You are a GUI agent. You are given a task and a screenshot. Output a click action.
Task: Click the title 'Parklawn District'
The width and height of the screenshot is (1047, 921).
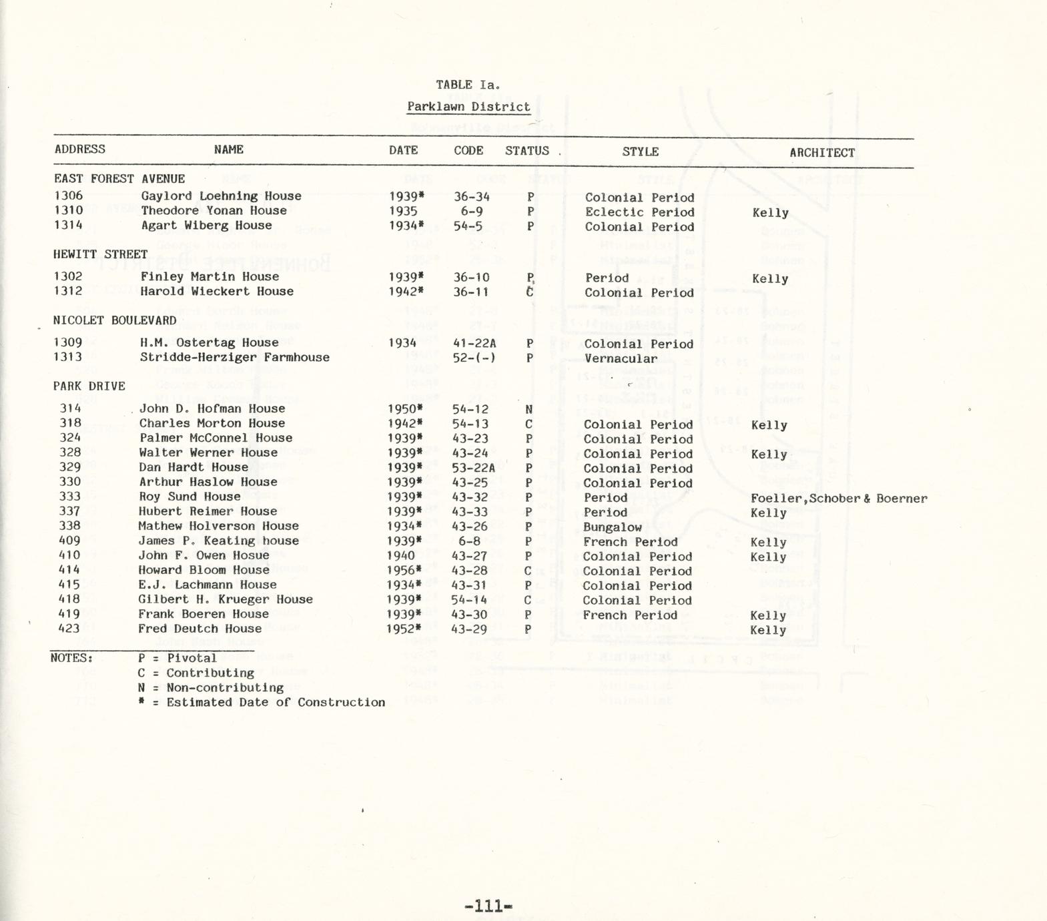pos(468,107)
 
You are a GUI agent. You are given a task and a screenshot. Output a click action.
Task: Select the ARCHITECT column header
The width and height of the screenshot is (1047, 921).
pos(821,153)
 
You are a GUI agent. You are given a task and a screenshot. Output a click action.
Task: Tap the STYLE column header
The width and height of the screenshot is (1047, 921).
pos(640,151)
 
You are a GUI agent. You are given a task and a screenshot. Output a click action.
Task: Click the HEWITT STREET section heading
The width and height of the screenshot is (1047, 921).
pos(100,254)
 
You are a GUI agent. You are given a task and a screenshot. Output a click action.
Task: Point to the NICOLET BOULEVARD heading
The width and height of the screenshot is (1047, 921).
pos(115,320)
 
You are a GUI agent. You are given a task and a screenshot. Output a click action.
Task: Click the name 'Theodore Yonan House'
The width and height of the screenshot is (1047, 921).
pos(214,211)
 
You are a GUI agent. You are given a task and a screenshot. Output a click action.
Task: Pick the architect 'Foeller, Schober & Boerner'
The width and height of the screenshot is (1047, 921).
pos(838,499)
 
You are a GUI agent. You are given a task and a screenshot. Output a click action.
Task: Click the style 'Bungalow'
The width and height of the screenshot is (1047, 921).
pos(612,527)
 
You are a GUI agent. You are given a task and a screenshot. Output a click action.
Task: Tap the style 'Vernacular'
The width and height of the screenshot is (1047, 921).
pos(621,358)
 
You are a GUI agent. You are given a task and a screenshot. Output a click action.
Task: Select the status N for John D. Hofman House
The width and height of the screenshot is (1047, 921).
pos(529,410)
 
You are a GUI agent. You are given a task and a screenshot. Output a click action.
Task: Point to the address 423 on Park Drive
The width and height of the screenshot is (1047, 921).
pos(69,629)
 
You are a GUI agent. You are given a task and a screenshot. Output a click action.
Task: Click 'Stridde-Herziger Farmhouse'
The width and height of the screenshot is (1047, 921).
pos(234,358)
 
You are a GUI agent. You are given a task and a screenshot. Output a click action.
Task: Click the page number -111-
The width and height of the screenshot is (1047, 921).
pos(488,906)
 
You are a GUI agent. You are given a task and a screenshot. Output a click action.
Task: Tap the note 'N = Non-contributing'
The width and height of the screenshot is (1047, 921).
pos(211,687)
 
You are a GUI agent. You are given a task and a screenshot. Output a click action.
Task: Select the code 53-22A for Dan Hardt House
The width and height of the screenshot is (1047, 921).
pos(473,468)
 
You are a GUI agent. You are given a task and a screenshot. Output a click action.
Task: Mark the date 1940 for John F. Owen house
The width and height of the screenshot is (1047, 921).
pos(400,556)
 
